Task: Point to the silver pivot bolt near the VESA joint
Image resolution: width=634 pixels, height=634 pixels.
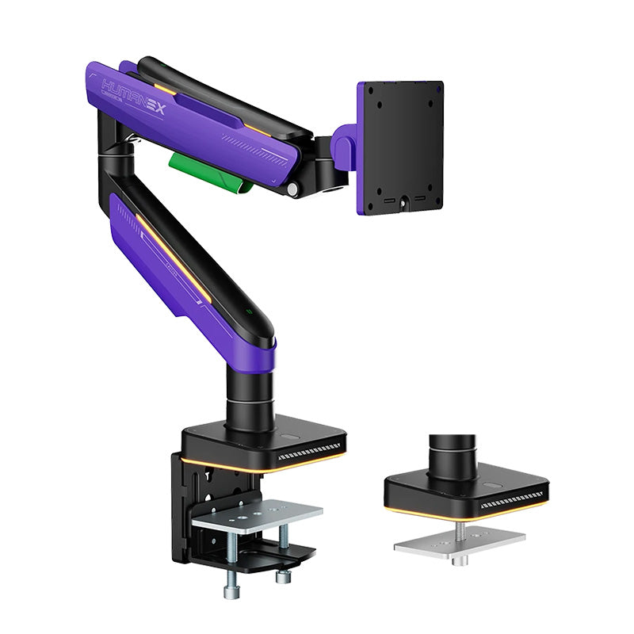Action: coord(294,190)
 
